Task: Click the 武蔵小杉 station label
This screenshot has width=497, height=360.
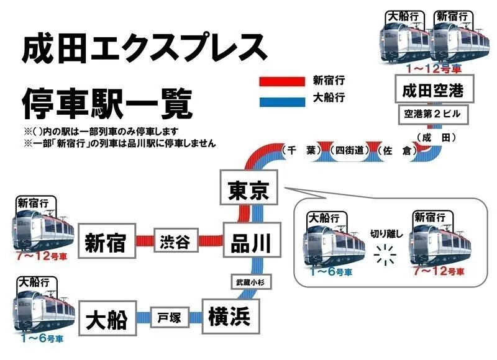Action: coord(248,282)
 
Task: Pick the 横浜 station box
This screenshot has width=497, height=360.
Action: coord(229,317)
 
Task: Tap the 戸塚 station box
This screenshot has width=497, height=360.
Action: coord(170,318)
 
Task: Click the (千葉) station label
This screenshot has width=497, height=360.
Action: coord(300,150)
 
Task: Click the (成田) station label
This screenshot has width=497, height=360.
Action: coord(436,137)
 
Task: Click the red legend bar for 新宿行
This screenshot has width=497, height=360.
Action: coord(281,81)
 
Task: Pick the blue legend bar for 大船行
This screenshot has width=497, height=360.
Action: coord(281,98)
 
